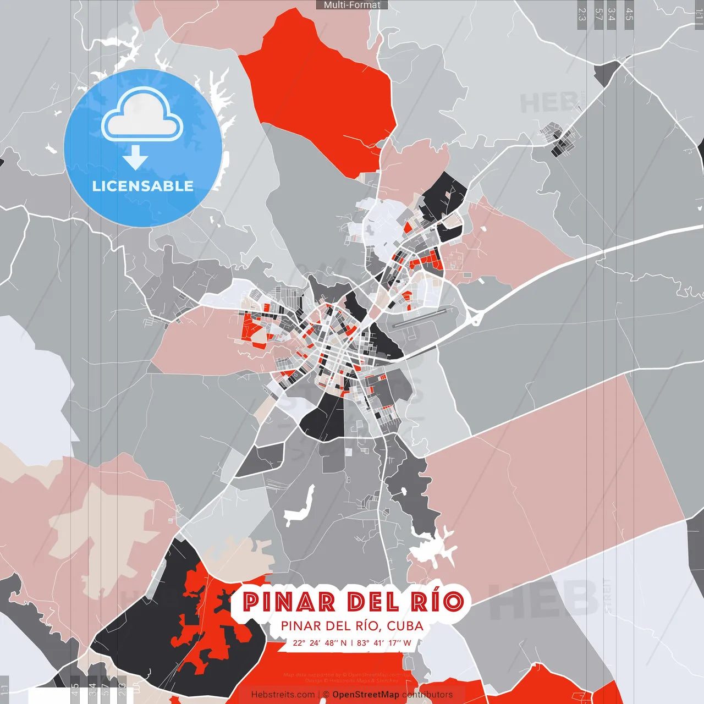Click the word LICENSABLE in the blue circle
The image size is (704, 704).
(x=142, y=186)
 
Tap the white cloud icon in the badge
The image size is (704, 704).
(x=142, y=116)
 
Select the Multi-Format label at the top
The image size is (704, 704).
(x=352, y=5)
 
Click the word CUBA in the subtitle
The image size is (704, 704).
(x=405, y=626)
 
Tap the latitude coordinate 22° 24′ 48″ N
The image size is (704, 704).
(x=320, y=643)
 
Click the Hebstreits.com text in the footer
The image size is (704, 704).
(x=283, y=695)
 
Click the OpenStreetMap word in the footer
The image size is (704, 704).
(x=365, y=695)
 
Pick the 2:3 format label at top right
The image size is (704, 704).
(x=581, y=14)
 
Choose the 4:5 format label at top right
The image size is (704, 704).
(x=629, y=14)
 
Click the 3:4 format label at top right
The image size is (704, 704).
(x=612, y=14)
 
